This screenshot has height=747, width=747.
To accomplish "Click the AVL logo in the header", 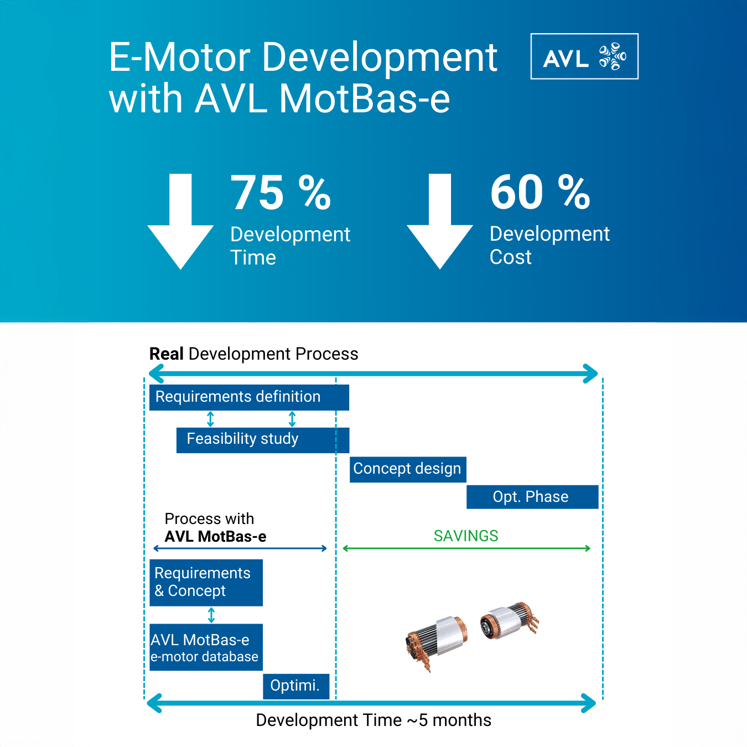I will click(x=584, y=56).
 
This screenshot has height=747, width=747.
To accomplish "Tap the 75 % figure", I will click(x=281, y=193).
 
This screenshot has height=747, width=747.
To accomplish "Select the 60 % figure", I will click(x=540, y=193).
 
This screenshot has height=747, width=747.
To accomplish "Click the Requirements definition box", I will click(x=249, y=397).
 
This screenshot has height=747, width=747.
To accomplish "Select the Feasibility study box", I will click(x=262, y=440).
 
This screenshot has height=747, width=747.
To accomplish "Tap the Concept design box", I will click(x=408, y=469).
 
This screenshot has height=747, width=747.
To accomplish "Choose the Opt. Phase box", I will click(x=532, y=497).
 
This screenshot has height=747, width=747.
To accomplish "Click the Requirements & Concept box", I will click(x=206, y=583).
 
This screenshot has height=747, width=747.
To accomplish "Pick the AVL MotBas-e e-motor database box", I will click(x=206, y=647).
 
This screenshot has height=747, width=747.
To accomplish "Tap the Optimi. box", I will click(x=295, y=686).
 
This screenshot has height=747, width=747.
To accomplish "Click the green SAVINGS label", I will click(x=466, y=536).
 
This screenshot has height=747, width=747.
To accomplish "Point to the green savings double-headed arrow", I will click(x=466, y=548).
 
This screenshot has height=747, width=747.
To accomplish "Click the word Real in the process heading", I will click(x=166, y=354).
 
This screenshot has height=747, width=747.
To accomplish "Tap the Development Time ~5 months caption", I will click(x=373, y=720).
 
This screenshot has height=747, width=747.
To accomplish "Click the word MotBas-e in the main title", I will click(x=365, y=99).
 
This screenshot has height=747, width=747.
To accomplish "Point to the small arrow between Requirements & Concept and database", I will click(x=211, y=615).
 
